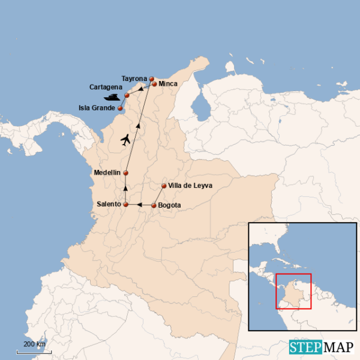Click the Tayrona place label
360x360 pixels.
click(x=134, y=78)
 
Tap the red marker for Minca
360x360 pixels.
click(x=154, y=84)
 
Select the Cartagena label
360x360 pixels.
click(x=106, y=87)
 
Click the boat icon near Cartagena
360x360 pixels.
click(x=112, y=97)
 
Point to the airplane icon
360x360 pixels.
click(x=125, y=140)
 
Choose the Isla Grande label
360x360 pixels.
click(x=97, y=108)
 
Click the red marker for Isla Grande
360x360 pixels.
click(x=121, y=109)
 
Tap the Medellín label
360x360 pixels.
click(x=107, y=173)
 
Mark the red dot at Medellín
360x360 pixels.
click(x=126, y=173)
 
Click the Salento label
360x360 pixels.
click(x=109, y=205)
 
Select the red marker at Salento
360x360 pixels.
click(x=126, y=205)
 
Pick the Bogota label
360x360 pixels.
click(x=169, y=205)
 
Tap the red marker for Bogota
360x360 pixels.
click(x=154, y=206)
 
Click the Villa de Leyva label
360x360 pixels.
click(x=190, y=185)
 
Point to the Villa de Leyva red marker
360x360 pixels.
click(x=164, y=186)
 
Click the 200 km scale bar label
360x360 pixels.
click(x=34, y=344)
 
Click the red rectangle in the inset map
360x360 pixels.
click(x=293, y=291)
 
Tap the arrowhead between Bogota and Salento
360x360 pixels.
click(x=139, y=205)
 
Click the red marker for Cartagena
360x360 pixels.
click(x=127, y=95)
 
